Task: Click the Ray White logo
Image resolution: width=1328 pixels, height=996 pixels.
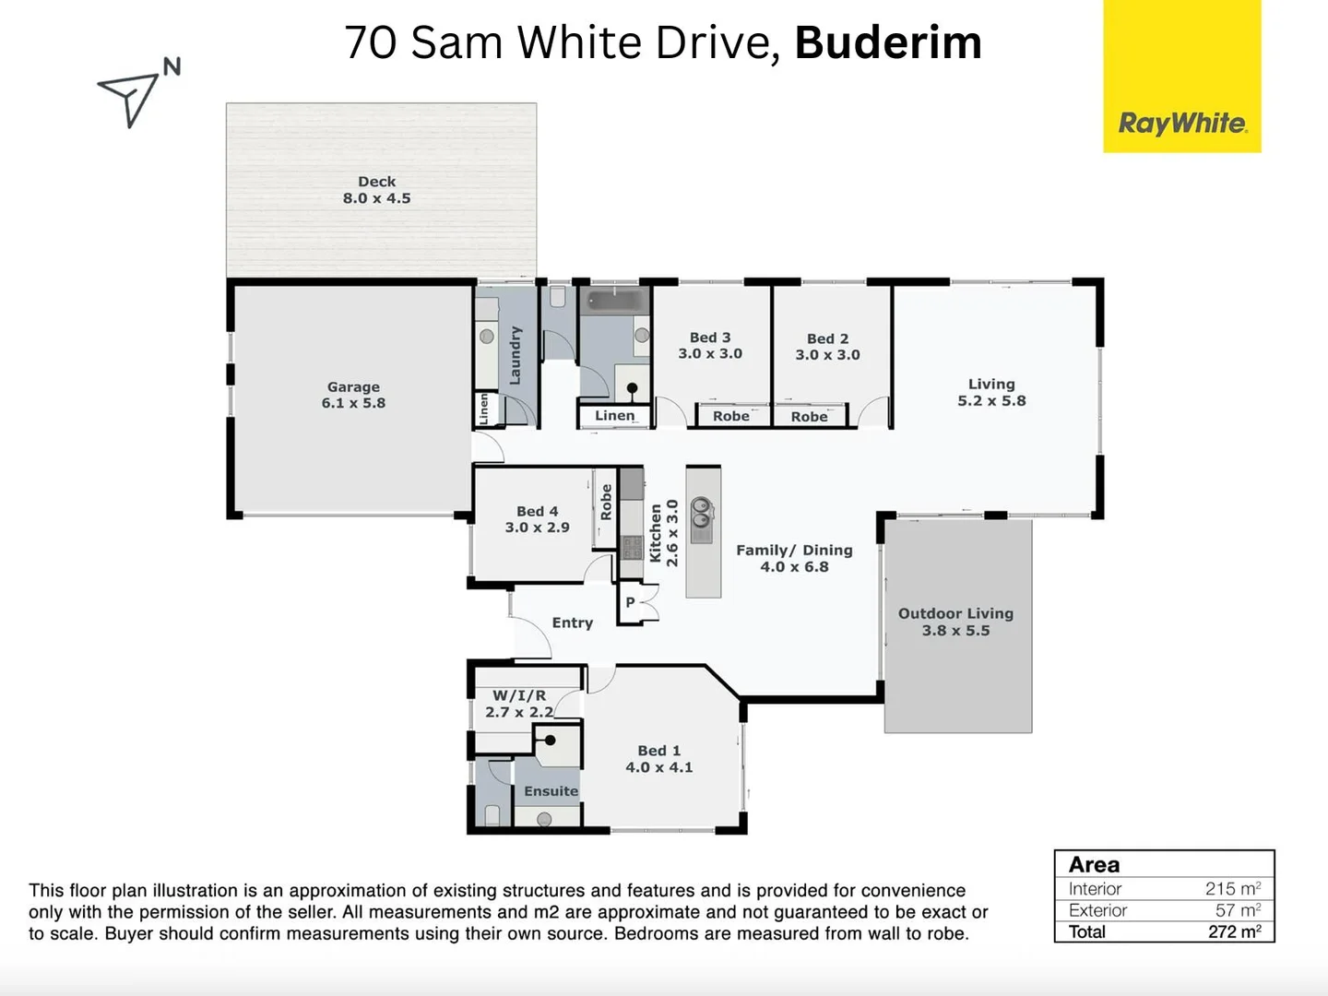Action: point(1182,123)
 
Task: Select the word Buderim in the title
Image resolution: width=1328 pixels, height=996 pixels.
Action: point(888,42)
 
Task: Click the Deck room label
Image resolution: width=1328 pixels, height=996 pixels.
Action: point(376,190)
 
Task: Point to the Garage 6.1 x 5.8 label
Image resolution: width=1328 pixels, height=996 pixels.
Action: point(353,395)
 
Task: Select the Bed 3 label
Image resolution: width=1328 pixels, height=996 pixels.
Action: point(710,345)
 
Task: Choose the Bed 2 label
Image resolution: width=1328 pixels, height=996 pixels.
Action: point(827,346)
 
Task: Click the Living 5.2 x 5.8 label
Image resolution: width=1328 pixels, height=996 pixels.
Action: point(991,392)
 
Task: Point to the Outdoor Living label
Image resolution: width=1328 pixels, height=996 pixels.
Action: point(955,622)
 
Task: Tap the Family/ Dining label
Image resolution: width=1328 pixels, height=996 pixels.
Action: point(794,558)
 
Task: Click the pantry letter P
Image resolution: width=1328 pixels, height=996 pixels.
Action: point(631,602)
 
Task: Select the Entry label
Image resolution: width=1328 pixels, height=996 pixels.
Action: point(572,622)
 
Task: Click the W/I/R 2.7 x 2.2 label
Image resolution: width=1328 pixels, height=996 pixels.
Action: point(519,704)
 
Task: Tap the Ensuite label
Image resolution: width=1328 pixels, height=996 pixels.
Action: point(551,791)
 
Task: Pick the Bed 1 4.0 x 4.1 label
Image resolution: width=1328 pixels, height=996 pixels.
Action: point(658,758)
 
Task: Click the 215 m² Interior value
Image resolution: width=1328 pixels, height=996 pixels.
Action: point(1232,888)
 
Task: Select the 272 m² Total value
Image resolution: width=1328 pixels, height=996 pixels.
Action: point(1234,931)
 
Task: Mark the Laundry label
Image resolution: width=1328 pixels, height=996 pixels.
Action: point(515,355)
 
